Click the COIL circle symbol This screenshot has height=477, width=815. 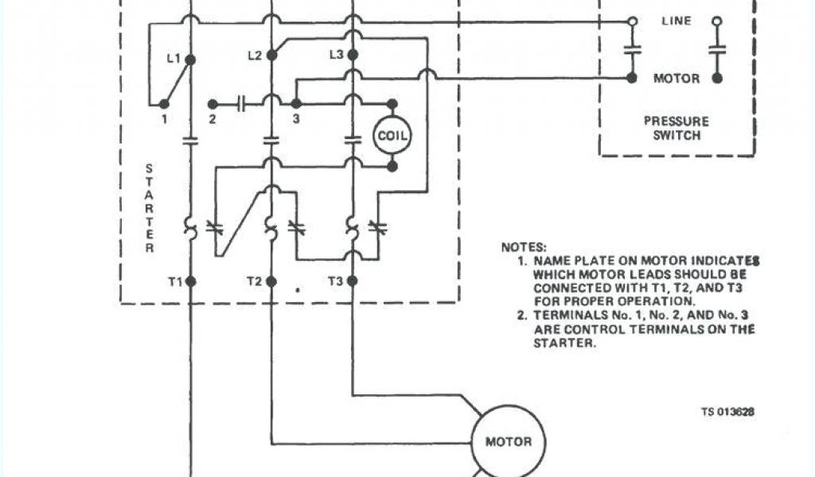tap(392, 136)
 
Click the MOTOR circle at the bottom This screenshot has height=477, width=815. tap(503, 441)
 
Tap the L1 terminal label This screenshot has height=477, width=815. tap(174, 58)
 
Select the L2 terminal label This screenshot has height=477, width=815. tap(255, 55)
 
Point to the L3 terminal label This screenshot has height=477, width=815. tap(336, 55)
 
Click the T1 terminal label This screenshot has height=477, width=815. tap(174, 281)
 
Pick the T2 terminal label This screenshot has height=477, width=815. tap(254, 281)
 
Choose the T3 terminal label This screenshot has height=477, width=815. tap(336, 281)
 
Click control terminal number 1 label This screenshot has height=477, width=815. tap(164, 119)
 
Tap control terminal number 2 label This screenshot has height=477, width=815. tap(213, 119)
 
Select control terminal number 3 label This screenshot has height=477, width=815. tap(295, 119)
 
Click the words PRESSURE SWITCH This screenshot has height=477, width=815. tap(677, 129)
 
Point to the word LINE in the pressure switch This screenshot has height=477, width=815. tap(677, 21)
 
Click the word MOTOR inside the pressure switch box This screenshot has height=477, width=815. tap(677, 79)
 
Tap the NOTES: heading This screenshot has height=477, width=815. tap(524, 247)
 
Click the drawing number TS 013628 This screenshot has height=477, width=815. tap(727, 412)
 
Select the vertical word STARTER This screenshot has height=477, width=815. tap(149, 208)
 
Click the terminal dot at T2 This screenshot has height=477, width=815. tap(271, 281)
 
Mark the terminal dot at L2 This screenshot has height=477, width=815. tap(271, 56)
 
